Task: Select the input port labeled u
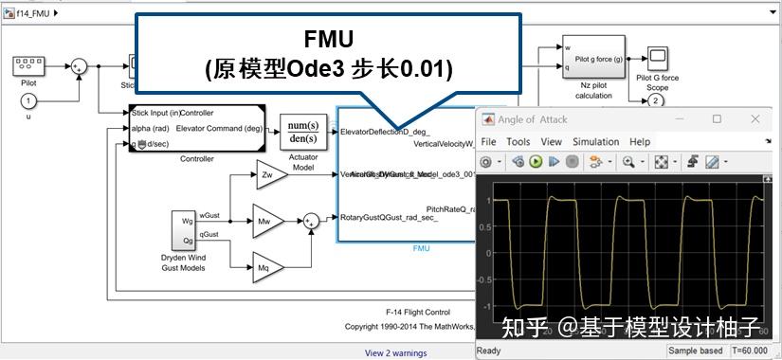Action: coord(28,100)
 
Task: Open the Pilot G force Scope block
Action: coord(657,58)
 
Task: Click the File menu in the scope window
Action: coord(488,141)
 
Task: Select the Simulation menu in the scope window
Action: coord(596,141)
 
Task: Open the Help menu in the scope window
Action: coord(640,141)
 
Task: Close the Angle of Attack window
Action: coord(755,118)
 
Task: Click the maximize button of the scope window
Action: coord(717,118)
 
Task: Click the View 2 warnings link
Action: coord(396,352)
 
